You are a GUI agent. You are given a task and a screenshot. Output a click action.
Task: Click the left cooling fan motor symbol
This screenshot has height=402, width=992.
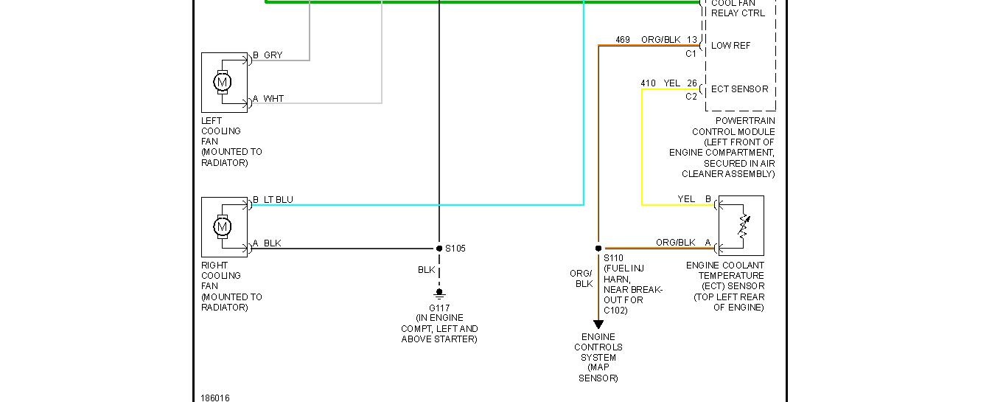click(222, 82)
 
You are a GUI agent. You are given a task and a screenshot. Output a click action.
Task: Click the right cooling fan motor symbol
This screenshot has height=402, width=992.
click(222, 226)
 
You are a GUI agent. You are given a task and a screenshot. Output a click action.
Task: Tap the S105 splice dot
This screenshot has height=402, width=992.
click(439, 249)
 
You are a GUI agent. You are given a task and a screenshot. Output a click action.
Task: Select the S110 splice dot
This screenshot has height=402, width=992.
click(598, 249)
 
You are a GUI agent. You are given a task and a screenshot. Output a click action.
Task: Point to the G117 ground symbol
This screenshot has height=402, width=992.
click(439, 294)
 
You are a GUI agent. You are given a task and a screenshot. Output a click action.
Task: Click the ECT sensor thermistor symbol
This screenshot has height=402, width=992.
click(743, 229)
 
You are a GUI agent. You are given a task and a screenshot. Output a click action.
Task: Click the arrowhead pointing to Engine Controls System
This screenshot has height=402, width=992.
click(598, 325)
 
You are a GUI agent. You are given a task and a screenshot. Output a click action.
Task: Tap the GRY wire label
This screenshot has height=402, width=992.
click(273, 55)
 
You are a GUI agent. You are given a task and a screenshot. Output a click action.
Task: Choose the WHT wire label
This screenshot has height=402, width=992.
click(273, 99)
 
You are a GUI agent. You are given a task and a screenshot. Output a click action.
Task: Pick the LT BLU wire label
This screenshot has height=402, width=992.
click(278, 200)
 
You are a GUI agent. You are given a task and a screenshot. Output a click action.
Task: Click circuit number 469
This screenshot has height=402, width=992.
click(623, 40)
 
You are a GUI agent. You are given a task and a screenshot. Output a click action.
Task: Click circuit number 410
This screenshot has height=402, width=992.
click(648, 83)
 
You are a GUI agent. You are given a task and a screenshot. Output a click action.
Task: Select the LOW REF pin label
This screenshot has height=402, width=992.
click(730, 46)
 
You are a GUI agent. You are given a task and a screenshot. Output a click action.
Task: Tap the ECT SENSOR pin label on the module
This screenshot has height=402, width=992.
click(739, 89)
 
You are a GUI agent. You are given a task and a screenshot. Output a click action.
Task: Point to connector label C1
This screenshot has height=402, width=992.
click(691, 53)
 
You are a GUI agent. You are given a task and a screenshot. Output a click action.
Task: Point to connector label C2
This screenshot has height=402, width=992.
click(691, 97)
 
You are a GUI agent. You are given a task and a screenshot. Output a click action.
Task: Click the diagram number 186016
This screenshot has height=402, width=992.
click(215, 398)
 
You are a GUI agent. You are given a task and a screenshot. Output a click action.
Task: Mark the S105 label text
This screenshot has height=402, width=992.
click(455, 249)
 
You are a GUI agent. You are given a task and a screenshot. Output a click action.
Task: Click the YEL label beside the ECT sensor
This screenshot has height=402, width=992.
click(686, 199)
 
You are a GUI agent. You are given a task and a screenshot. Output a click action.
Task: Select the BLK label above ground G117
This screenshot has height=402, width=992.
click(426, 270)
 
